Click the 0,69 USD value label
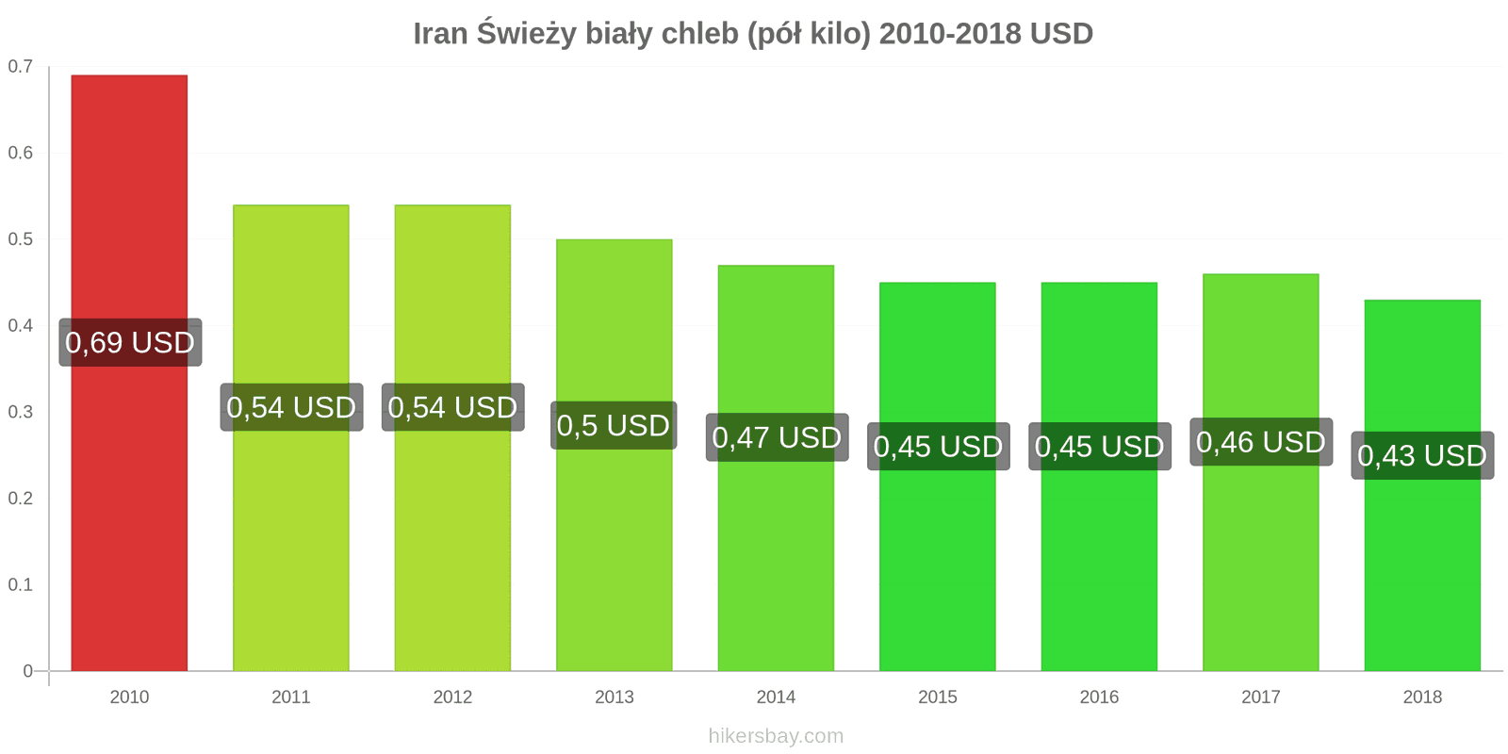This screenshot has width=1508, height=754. click(130, 342)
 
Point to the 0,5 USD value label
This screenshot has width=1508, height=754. click(614, 426)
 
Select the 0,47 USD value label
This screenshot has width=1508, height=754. click(777, 437)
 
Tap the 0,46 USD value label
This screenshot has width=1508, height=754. click(1261, 442)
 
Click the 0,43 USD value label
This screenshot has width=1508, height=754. click(1422, 456)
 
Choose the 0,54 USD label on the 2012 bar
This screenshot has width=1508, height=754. click(452, 407)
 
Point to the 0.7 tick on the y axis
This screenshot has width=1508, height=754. click(21, 67)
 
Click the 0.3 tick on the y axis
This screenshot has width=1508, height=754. click(21, 412)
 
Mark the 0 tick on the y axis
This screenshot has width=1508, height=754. click(27, 671)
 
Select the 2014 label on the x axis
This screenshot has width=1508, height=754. click(776, 697)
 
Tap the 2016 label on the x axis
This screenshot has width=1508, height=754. click(1099, 697)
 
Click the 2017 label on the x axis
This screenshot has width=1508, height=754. click(1261, 697)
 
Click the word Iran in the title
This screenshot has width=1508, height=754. click(440, 34)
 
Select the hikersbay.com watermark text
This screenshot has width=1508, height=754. click(776, 736)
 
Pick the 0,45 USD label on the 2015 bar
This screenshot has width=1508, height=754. click(938, 447)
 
